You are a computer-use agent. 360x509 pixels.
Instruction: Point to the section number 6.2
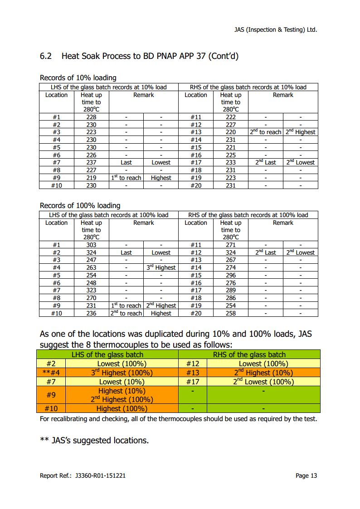coord(46,56)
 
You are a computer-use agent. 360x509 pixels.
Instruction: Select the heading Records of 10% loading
coord(78,78)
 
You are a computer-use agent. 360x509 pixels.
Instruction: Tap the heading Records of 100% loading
coord(80,205)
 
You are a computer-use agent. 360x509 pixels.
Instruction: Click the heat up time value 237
coord(91,162)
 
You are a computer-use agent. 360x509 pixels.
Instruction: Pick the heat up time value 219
coord(91,178)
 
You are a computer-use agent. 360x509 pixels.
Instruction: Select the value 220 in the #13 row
coord(230,132)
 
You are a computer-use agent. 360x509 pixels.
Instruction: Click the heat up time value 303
coord(91,245)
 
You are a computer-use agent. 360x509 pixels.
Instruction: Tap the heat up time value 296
coord(230,275)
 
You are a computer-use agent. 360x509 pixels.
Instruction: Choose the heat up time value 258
coord(230,313)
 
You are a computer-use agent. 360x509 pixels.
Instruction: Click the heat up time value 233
coord(230,162)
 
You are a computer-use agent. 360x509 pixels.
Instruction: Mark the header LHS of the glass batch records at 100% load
coord(108,215)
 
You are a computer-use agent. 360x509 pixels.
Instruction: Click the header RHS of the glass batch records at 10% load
coord(248,87)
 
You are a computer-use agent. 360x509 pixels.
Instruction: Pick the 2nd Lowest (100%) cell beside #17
coord(263,382)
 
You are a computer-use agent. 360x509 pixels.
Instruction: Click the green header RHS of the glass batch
coord(249,354)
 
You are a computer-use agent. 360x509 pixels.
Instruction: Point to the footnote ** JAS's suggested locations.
coord(94,440)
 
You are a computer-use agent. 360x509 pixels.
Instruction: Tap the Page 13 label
coord(306,475)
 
